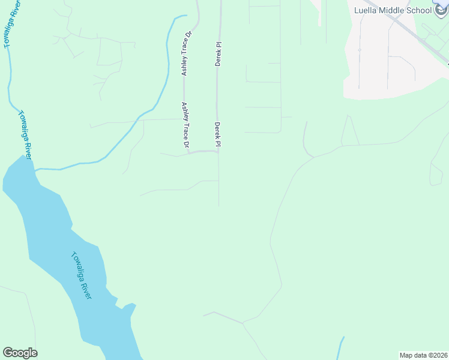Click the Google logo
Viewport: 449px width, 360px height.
(x=20, y=353)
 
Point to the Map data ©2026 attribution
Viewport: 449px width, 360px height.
(x=423, y=355)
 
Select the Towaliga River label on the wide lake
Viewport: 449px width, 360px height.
(x=81, y=275)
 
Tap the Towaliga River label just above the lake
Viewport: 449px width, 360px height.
(x=25, y=135)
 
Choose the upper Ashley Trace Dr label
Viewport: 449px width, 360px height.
(x=185, y=55)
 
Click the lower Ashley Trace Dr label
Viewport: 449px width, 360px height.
(x=185, y=124)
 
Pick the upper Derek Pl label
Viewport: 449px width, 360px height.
(x=218, y=53)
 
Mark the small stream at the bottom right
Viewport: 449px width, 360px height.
(x=340, y=348)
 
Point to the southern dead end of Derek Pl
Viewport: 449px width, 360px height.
(x=218, y=204)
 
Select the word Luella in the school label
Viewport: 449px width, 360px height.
(x=366, y=10)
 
